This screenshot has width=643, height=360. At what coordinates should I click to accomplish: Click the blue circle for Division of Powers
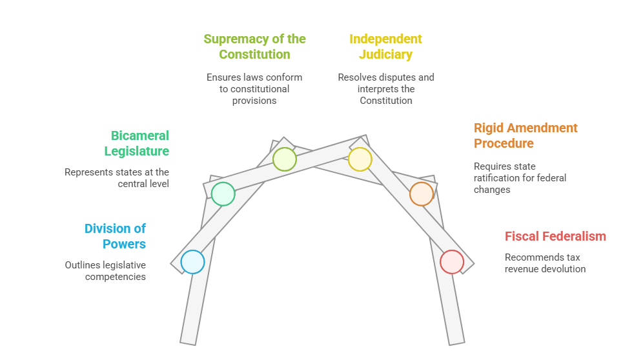coord(192,262)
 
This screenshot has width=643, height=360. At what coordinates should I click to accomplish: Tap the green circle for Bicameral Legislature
coord(223,194)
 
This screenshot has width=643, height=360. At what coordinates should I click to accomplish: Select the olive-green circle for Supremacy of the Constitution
coord(284,159)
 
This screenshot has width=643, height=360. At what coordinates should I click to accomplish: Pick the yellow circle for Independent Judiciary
coord(360,159)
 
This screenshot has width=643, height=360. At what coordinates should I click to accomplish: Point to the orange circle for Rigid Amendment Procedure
coord(422,194)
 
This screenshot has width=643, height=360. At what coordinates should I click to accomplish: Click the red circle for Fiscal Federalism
coord(452,262)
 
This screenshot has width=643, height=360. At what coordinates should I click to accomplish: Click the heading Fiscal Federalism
coord(555,236)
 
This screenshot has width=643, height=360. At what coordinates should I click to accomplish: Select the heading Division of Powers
coord(116,236)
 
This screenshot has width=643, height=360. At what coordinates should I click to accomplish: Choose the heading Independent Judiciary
coord(385,46)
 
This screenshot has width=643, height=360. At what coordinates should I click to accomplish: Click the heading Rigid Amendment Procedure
coord(526,135)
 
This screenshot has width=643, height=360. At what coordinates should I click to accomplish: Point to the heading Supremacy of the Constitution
coord(254,46)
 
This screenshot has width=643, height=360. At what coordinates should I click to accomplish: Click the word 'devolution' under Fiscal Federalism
coord(562,269)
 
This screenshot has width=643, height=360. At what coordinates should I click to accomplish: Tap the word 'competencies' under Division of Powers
coord(116,277)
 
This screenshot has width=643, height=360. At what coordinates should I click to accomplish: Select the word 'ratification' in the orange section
coord(498,178)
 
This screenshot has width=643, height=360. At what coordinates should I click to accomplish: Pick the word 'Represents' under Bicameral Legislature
coord(88,172)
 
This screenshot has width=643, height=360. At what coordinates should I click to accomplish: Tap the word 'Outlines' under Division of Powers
coord(83,265)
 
